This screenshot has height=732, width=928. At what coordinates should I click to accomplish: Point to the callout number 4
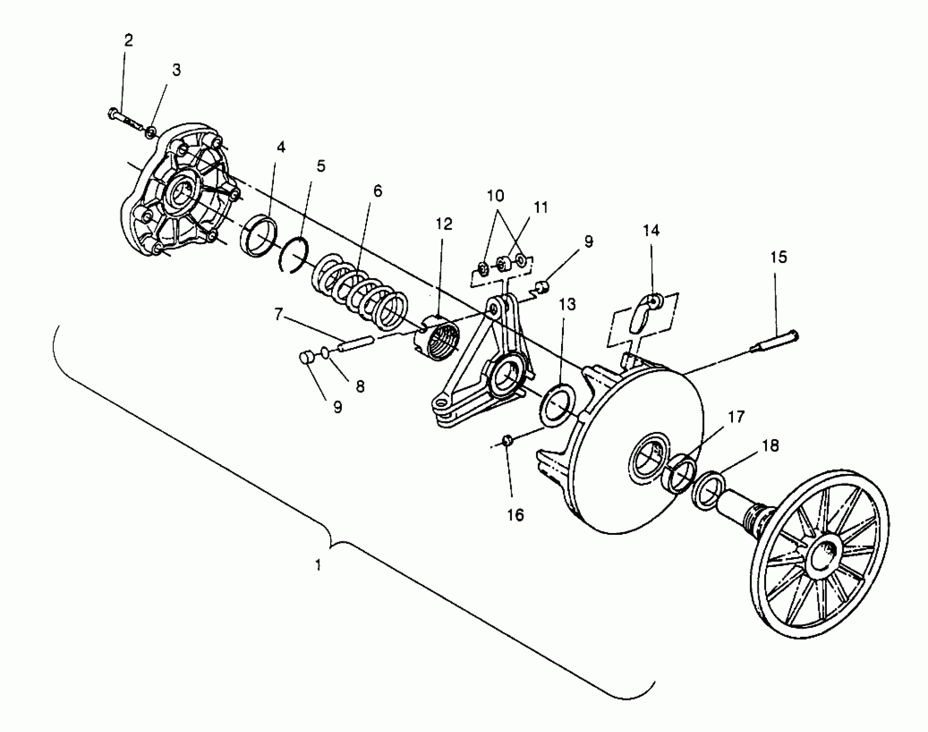(x=281, y=148)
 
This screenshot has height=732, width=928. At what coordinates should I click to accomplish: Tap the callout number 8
(x=360, y=387)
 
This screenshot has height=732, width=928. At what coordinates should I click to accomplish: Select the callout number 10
(x=495, y=196)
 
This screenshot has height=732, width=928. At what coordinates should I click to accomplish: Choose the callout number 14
(x=651, y=231)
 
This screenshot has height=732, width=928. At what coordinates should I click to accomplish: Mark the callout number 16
(x=515, y=515)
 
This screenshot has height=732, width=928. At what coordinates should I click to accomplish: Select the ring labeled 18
(x=708, y=491)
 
